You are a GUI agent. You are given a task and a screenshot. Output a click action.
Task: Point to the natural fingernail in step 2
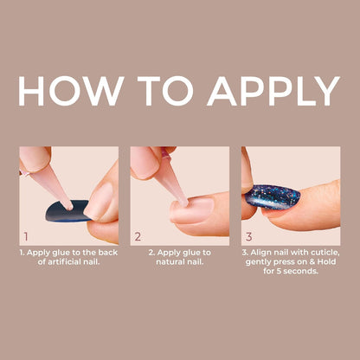click(190, 210)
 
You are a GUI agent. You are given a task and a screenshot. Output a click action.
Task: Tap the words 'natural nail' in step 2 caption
click(180, 261)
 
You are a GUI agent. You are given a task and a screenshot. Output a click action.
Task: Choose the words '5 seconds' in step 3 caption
click(299, 271)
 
